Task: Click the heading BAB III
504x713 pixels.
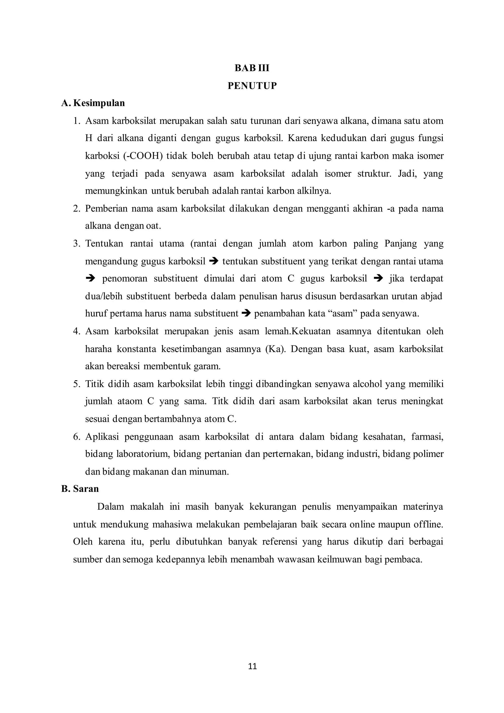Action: point(252,68)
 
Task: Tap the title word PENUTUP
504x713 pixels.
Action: point(252,86)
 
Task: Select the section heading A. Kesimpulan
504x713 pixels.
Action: point(93,103)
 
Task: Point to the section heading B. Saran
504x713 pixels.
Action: point(80,489)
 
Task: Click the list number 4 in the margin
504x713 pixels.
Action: point(76,331)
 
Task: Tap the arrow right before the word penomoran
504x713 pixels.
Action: point(90,278)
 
